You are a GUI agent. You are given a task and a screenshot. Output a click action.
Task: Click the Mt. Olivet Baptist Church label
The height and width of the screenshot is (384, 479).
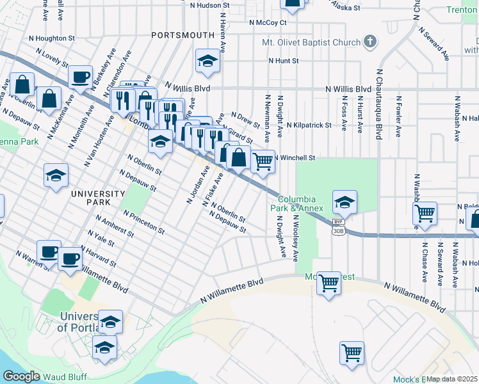(311, 43)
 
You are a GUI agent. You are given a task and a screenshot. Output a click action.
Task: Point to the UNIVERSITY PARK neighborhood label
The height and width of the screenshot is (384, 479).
(97, 198)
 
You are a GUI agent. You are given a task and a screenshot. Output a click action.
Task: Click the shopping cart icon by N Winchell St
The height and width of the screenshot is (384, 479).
(263, 162)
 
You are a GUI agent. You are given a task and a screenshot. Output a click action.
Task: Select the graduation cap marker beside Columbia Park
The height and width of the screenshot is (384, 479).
(345, 202)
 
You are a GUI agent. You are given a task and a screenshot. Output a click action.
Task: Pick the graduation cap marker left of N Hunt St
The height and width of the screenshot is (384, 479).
(207, 61)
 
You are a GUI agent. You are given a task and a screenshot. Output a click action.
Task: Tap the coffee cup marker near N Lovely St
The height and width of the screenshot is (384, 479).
(81, 77)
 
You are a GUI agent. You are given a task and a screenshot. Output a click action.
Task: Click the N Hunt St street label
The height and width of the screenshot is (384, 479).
(284, 61)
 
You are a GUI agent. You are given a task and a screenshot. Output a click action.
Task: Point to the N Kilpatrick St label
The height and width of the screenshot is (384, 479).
(309, 125)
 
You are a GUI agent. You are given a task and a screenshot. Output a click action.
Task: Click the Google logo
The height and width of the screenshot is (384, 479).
(21, 376)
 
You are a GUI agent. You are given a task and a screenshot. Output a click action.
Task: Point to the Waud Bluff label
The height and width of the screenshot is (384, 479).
(65, 377)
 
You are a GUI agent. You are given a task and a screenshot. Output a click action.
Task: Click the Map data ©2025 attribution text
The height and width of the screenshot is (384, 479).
(451, 379)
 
